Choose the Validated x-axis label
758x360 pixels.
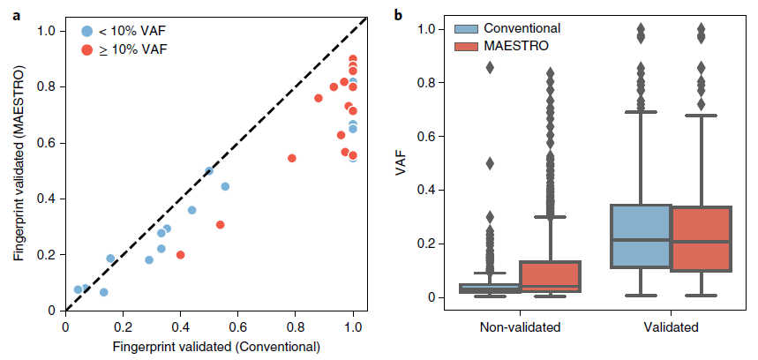click(x=671, y=328)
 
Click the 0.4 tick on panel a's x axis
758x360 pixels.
click(x=180, y=326)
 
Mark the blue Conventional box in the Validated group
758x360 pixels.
click(x=641, y=236)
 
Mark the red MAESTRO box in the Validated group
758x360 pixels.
click(x=702, y=238)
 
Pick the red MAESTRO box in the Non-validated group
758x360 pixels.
click(x=551, y=276)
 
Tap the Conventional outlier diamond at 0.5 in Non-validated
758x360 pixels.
click(x=490, y=163)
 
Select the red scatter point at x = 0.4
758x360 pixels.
click(x=180, y=255)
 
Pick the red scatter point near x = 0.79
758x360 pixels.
click(x=292, y=159)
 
